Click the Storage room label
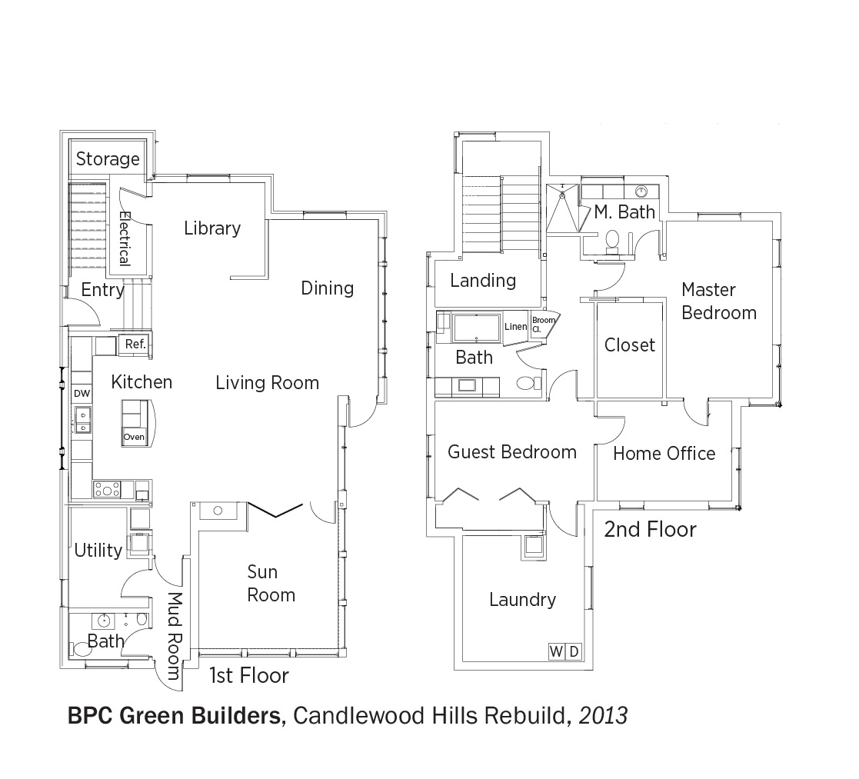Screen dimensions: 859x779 [108, 159]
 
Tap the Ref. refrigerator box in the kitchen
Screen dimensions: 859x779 [135, 344]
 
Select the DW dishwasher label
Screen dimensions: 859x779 [82, 393]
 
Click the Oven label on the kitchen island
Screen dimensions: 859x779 [135, 437]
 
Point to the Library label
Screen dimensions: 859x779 [212, 228]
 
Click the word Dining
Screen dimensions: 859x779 [327, 288]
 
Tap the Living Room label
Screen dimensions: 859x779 [267, 382]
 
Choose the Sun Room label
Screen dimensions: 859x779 [271, 584]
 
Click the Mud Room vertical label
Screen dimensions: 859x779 [174, 635]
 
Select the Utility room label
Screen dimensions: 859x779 [98, 550]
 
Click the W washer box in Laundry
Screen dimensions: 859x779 [556, 651]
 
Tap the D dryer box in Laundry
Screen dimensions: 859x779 [573, 651]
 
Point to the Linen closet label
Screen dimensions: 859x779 [515, 327]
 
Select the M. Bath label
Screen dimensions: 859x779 [624, 212]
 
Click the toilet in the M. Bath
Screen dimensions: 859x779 [612, 241]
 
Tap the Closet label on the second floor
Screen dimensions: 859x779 [630, 345]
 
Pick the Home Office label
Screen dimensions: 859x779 [664, 454]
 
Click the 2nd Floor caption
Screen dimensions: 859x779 [651, 530]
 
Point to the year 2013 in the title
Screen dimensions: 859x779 [603, 716]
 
